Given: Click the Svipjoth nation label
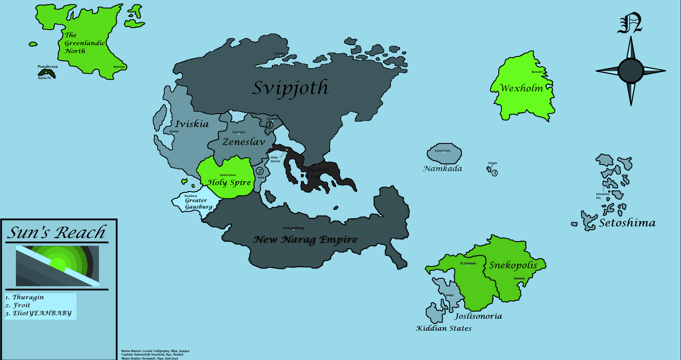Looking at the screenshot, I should point(291,88).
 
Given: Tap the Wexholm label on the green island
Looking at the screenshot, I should point(521,89).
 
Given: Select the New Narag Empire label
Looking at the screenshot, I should point(306,240).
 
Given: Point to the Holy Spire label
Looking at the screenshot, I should point(229,183).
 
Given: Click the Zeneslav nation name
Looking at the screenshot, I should point(243,142).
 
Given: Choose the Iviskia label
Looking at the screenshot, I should point(192,124).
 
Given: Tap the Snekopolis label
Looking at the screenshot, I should point(513,265).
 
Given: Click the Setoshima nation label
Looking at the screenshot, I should point(627,223).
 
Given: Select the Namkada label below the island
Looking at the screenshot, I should point(442,169).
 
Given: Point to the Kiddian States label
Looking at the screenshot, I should point(444,328).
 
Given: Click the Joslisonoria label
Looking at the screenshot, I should point(478,316).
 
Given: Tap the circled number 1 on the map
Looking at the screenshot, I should point(269,125).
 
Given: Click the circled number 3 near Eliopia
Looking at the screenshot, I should point(494,173).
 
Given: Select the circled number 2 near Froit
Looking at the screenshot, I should point(259,171).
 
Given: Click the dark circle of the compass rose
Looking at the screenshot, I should point(630,71).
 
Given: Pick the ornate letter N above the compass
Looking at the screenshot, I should point(630,24).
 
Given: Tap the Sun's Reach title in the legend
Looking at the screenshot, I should point(56,233).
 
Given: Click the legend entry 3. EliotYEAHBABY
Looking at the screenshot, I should point(38,313).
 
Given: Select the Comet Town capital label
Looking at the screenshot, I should point(442,151).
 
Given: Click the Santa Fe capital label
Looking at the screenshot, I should point(44,78).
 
